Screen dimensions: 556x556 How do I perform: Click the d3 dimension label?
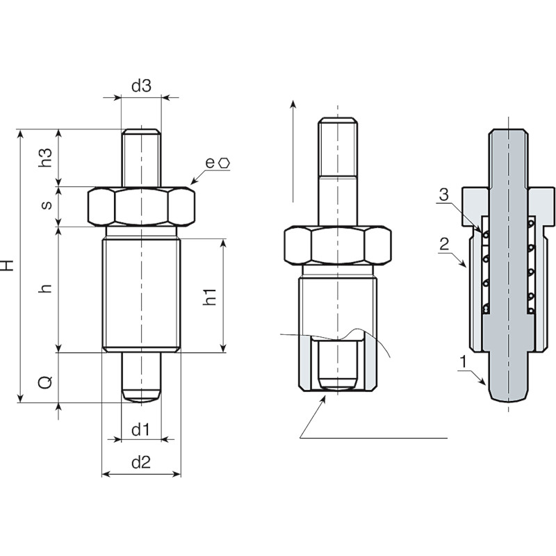tap(141, 85)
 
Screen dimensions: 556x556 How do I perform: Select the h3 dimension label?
tap(45, 158)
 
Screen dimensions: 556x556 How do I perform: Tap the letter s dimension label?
tap(47, 205)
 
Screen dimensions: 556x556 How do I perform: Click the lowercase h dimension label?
tap(46, 288)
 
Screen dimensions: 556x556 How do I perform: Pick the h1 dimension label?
tap(210, 297)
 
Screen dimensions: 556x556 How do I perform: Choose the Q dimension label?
tap(45, 382)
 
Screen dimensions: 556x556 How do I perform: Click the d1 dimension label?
tap(140, 430)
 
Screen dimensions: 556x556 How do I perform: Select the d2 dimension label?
tap(141, 462)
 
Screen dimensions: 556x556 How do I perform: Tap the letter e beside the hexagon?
tap(210, 163)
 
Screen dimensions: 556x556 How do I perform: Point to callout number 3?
tap(443, 195)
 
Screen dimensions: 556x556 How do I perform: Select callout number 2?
tap(444, 245)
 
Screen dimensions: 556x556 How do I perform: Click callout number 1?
tap(463, 362)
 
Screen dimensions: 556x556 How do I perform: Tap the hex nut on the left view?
tap(141, 206)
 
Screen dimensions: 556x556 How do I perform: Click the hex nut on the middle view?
tap(338, 245)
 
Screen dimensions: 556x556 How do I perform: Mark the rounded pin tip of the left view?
tap(141, 395)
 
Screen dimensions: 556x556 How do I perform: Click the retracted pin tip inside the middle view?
tap(338, 382)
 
